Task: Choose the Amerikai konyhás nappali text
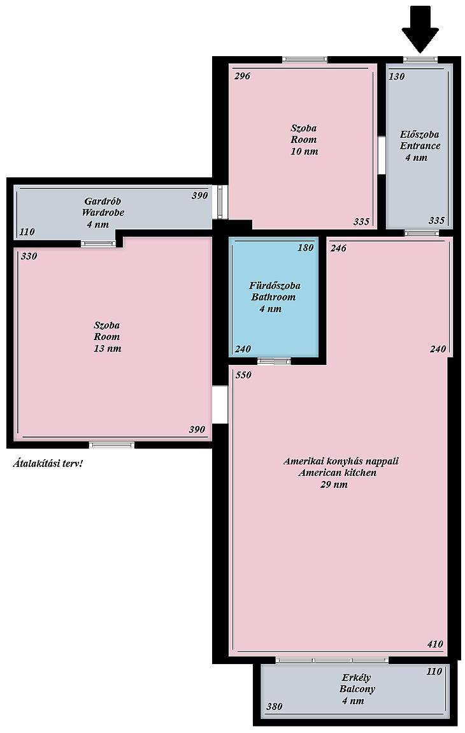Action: pos(341,461)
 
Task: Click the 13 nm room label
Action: pos(108,337)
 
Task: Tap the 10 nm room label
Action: pos(304,139)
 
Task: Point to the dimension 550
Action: pos(243,375)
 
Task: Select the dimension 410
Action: pos(434,644)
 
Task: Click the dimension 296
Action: pos(242,76)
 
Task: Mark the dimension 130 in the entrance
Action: pos(396,76)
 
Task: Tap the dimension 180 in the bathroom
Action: pos(305,248)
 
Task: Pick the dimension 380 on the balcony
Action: pos(274,706)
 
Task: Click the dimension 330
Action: pos(29,256)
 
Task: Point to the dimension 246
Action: pos(338,248)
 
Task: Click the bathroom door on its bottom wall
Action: pos(274,361)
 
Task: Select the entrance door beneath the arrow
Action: pos(420,59)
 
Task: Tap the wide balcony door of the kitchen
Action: pos(332,660)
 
